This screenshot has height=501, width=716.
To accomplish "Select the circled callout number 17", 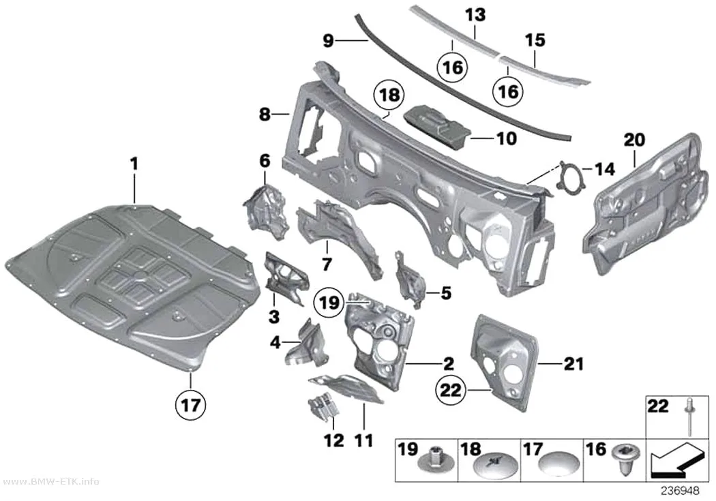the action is click(190, 404).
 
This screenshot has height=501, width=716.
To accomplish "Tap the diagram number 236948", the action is click(681, 491).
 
